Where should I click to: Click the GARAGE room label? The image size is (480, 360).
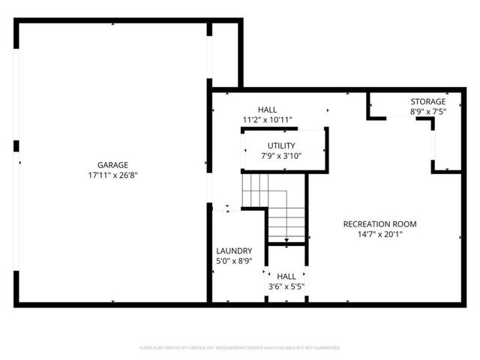[x=112, y=165]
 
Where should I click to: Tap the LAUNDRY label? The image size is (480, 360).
[x=234, y=250]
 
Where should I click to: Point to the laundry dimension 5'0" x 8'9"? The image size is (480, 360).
[x=234, y=261]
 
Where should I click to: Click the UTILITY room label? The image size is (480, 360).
[x=281, y=145]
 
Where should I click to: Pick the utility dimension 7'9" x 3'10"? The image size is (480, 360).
[x=281, y=156]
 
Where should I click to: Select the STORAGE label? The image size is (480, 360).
[x=427, y=102]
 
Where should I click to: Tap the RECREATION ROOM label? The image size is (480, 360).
[x=379, y=223]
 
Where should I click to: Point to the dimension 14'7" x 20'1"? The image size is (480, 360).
[x=379, y=234]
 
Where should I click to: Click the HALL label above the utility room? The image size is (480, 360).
[x=267, y=109]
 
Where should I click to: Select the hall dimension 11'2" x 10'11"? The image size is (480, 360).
[x=267, y=119]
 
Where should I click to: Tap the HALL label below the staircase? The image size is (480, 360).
[x=286, y=276]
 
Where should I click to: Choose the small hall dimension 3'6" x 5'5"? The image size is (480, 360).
[x=286, y=286]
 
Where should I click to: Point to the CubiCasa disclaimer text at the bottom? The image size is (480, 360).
[x=240, y=348]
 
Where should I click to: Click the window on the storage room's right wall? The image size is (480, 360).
[x=433, y=147]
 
